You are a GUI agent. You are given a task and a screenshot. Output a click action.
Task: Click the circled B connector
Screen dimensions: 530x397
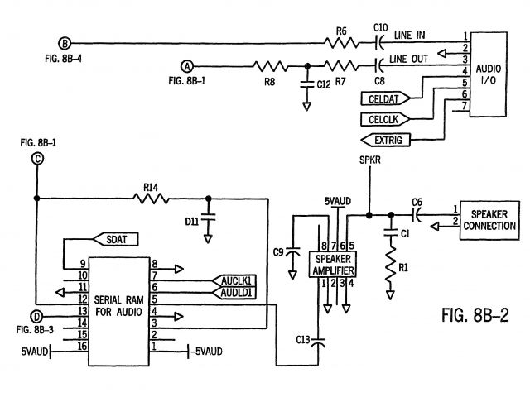click(x=65, y=43)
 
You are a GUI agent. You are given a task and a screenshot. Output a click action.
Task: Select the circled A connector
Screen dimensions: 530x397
click(x=187, y=66)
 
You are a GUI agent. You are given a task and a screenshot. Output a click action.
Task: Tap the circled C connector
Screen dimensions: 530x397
click(x=37, y=159)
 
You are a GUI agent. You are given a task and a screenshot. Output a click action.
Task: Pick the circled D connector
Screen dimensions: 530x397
click(x=36, y=317)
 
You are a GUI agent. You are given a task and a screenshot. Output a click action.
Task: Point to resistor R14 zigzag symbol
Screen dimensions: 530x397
click(x=151, y=198)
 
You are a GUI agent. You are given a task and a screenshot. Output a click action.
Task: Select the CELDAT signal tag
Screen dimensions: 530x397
click(x=385, y=98)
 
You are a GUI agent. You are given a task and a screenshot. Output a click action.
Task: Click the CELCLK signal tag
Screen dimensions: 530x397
click(x=385, y=119)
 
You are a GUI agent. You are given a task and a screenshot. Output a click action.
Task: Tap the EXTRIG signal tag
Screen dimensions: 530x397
click(x=385, y=140)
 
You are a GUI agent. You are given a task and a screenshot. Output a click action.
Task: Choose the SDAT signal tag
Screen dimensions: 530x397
click(x=115, y=239)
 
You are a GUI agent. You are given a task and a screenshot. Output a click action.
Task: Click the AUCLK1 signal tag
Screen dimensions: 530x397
click(x=234, y=280)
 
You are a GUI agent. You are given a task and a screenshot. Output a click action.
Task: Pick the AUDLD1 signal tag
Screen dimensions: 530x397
click(x=234, y=293)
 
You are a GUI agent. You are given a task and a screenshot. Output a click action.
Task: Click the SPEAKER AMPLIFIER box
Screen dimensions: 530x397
click(x=333, y=265)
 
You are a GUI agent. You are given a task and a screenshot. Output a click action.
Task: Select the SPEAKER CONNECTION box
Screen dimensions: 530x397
click(x=489, y=221)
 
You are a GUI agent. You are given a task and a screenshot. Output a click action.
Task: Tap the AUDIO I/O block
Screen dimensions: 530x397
click(x=489, y=74)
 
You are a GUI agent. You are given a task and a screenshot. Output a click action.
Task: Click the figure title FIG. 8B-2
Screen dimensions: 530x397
click(x=475, y=315)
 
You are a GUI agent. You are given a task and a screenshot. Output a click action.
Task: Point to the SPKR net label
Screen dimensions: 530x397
click(x=370, y=160)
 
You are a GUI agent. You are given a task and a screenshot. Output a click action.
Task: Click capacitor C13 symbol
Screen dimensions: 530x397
click(x=318, y=342)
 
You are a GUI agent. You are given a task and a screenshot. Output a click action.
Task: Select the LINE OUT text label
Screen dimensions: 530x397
click(x=408, y=59)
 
